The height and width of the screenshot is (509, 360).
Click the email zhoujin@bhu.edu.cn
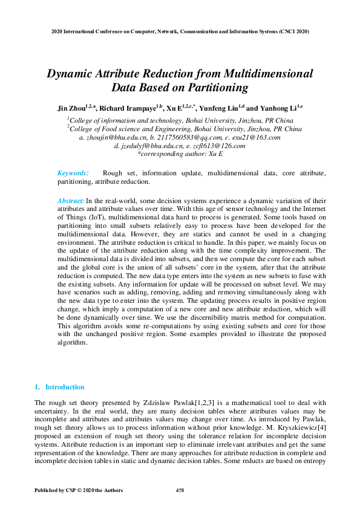pyautogui.click(x=113, y=138)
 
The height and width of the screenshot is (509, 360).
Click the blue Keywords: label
pyautogui.click(x=73, y=173)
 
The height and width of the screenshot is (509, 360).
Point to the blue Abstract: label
pyautogui.click(x=71, y=200)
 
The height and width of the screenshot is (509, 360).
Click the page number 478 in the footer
pyautogui.click(x=180, y=490)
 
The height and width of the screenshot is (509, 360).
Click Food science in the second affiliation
pyautogui.click(x=125, y=129)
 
